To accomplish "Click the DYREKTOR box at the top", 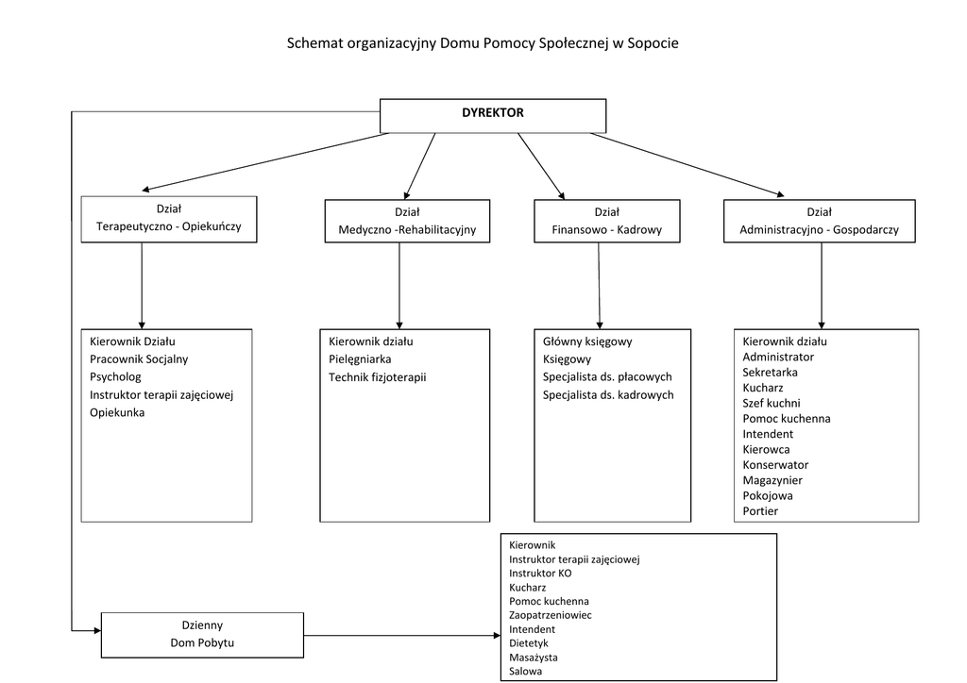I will coord(492,115).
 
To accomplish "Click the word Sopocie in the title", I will coord(652,43).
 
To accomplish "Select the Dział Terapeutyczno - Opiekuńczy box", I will coord(169,219).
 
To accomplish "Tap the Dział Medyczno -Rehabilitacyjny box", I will coord(407,221).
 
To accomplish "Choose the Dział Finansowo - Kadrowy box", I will coord(606,221).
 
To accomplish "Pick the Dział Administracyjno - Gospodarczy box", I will coord(819,221).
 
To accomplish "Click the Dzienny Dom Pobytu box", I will coord(202,634).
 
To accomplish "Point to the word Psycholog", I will coord(115,376).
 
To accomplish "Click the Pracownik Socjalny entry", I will coord(139,358).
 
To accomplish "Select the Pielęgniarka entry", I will coord(360,358).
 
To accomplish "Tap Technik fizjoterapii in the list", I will coord(377,376).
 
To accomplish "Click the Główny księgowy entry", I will coord(587,341).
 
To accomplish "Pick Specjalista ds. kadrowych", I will coord(608,394).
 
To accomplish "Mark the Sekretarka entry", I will coord(770,372).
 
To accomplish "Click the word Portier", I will coord(760,511).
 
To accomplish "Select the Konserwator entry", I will coord(775,464).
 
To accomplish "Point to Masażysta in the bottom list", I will coord(533,657).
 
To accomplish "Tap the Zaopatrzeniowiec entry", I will coord(550,615).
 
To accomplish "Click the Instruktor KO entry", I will coord(539,573).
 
